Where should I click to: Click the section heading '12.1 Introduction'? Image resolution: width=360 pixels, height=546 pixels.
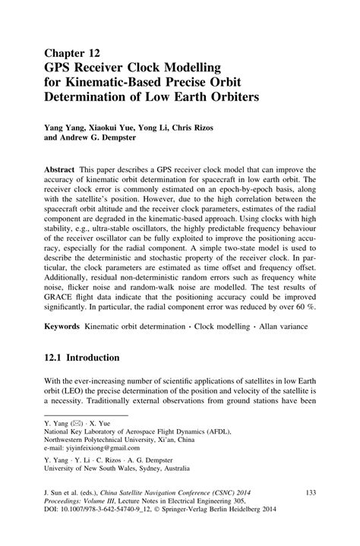click(80, 358)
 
